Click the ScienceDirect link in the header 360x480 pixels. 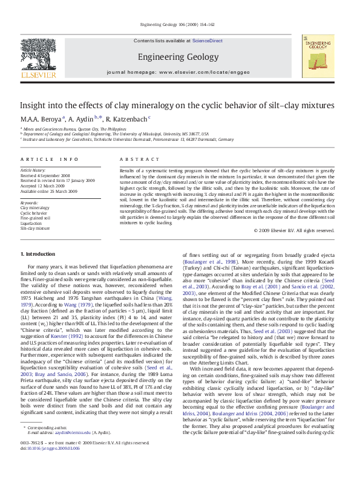coord(207,41)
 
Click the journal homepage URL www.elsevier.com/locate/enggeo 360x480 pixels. coord(205,72)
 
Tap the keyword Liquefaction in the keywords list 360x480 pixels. coord(31,222)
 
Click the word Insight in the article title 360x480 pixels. coord(34,105)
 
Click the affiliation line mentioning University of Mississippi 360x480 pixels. coord(116,134)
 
